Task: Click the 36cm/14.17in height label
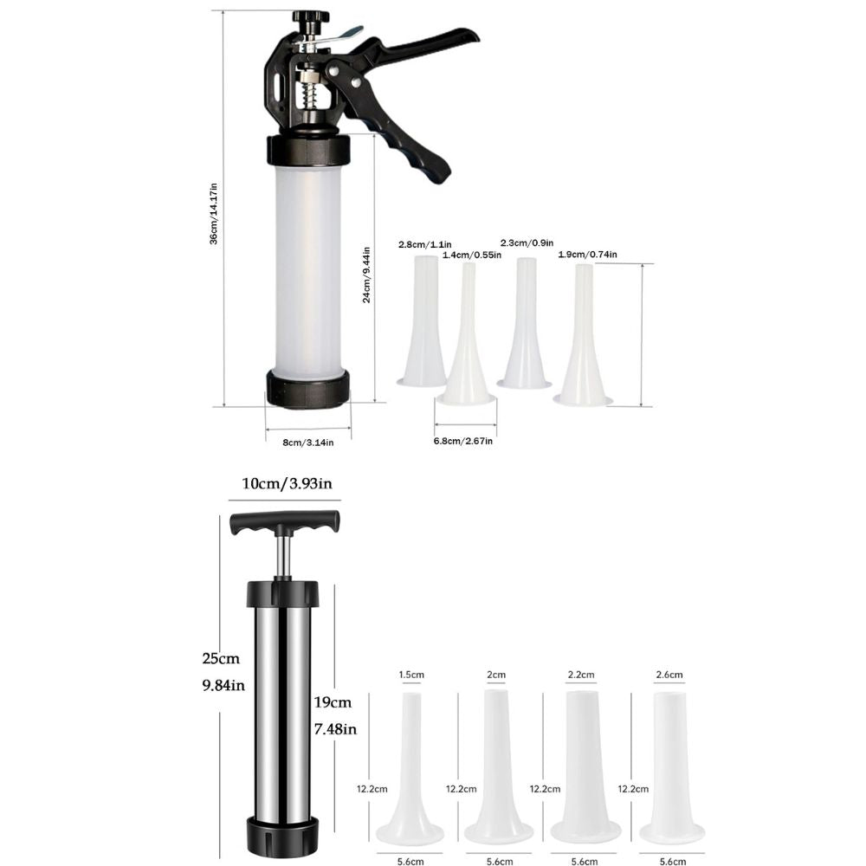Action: (214, 214)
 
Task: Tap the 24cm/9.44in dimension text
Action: (366, 275)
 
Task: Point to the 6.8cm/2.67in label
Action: (462, 442)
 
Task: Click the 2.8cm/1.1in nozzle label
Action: (424, 244)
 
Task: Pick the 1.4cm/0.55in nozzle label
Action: (472, 255)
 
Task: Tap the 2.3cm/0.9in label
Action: (527, 242)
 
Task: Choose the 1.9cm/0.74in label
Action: (587, 254)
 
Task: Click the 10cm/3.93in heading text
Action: (288, 484)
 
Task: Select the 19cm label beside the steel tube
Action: (333, 702)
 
